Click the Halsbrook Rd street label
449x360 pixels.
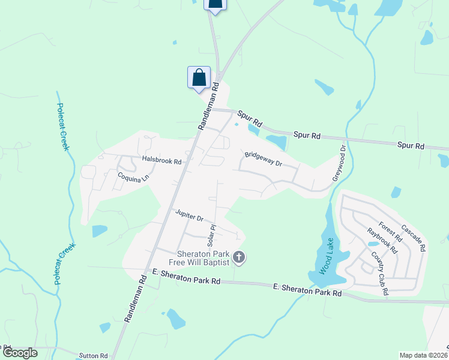coord(161,161)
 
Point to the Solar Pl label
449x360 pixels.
coord(211,235)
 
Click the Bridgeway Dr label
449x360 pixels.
coord(263,159)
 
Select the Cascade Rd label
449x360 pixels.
coord(414,238)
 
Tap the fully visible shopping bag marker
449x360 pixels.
coord(199,77)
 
